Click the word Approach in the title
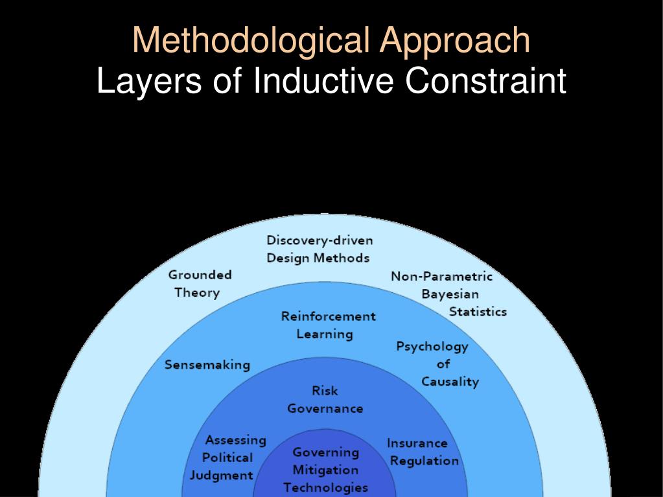pyautogui.click(x=455, y=40)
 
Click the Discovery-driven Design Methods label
pyautogui.click(x=320, y=249)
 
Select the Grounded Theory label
pyautogui.click(x=200, y=283)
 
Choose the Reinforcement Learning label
pyautogui.click(x=328, y=325)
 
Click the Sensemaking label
pyautogui.click(x=207, y=365)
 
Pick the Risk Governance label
pyautogui.click(x=325, y=399)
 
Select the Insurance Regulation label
pyautogui.click(x=422, y=452)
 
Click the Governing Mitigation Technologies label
pyautogui.click(x=325, y=470)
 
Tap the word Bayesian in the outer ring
pyautogui.click(x=450, y=294)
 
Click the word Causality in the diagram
pyautogui.click(x=450, y=382)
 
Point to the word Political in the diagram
pyautogui.click(x=227, y=457)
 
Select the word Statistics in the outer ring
pyautogui.click(x=478, y=312)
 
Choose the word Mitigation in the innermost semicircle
pyautogui.click(x=325, y=470)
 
